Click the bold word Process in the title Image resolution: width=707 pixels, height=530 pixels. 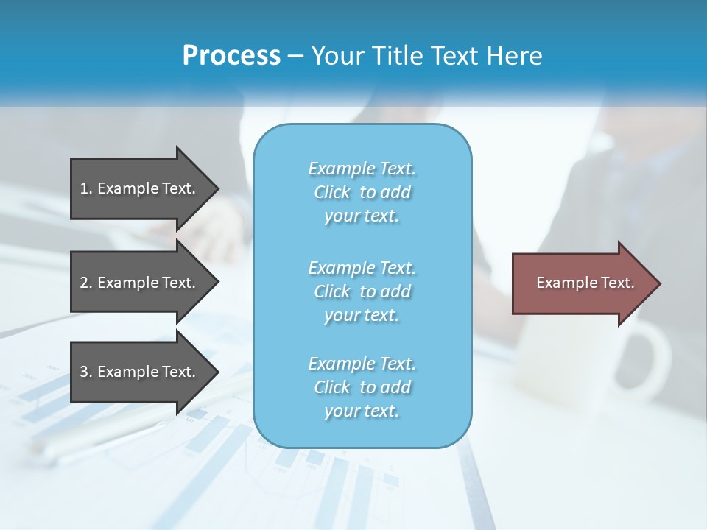tap(231, 55)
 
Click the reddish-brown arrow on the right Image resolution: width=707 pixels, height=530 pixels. tap(582, 283)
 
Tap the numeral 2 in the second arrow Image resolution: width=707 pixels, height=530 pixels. tap(84, 283)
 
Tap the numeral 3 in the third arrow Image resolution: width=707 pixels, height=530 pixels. tap(84, 372)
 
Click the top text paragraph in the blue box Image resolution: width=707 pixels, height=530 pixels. tap(362, 192)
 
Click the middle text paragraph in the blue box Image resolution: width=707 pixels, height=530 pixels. tap(362, 291)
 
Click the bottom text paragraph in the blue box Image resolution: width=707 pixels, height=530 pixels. tap(362, 387)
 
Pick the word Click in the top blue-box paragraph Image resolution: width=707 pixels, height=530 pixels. tap(332, 192)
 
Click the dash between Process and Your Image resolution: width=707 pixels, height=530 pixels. tap(296, 56)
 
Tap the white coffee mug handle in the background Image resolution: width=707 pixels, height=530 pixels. tap(652, 361)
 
